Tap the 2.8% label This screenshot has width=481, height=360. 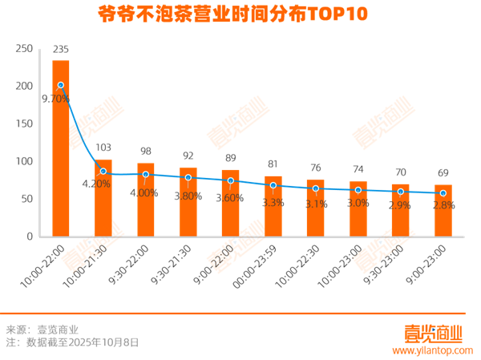point(443,205)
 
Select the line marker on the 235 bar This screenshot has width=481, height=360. point(61,85)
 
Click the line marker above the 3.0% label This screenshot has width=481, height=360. point(358,190)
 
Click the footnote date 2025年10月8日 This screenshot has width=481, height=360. point(105,342)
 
